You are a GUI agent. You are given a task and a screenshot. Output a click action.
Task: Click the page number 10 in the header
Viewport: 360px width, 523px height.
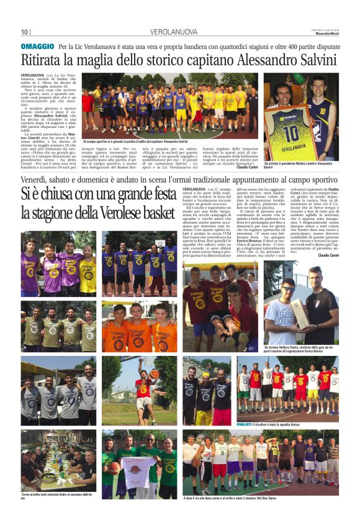[25, 32]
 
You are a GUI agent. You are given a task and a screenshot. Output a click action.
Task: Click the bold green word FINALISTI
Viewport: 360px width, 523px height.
[248, 423]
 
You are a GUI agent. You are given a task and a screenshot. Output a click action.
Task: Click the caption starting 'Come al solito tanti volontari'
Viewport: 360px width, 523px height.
[56, 496]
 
